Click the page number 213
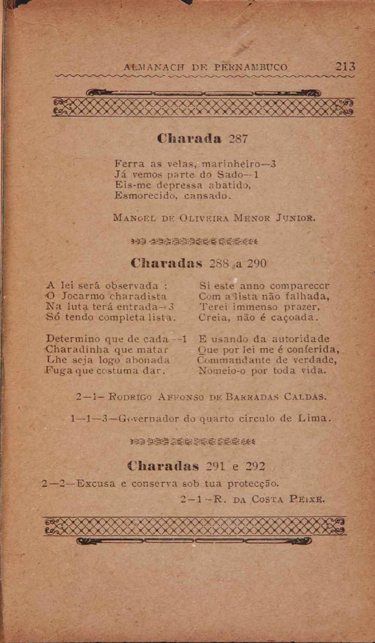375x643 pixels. tap(346, 67)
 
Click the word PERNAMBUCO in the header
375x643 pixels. tap(251, 68)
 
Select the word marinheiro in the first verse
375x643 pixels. tap(237, 164)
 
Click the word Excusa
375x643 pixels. tap(96, 484)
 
